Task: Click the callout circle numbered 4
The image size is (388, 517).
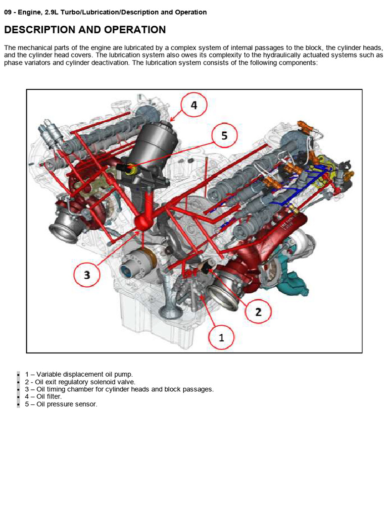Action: click(x=193, y=106)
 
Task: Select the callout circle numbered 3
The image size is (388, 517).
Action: click(x=87, y=274)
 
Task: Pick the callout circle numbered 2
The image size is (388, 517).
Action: click(x=258, y=312)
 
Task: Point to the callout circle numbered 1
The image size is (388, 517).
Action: click(x=221, y=337)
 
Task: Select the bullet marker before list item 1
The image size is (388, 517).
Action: click(x=18, y=374)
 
